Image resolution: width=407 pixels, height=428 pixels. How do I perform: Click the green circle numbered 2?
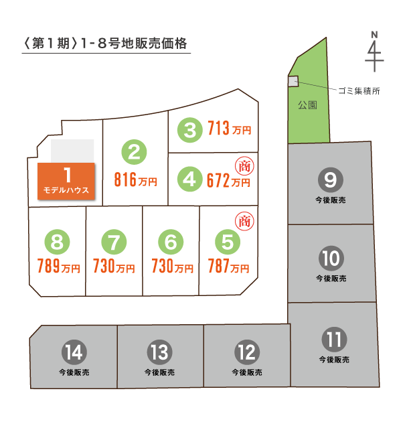tap(134, 152)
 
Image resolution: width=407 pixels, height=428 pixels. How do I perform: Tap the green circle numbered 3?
tap(191, 129)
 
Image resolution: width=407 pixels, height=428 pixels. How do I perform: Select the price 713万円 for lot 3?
tap(230, 128)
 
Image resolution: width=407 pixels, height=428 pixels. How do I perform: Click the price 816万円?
tap(136, 180)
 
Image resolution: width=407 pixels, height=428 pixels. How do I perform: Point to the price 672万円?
tap(230, 180)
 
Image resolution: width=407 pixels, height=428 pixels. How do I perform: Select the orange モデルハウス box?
tap(67, 183)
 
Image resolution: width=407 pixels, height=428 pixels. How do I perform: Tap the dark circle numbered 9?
tap(330, 179)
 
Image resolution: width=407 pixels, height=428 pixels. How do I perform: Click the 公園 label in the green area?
tap(307, 105)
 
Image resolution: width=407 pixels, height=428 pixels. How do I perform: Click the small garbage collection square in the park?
tap(293, 81)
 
